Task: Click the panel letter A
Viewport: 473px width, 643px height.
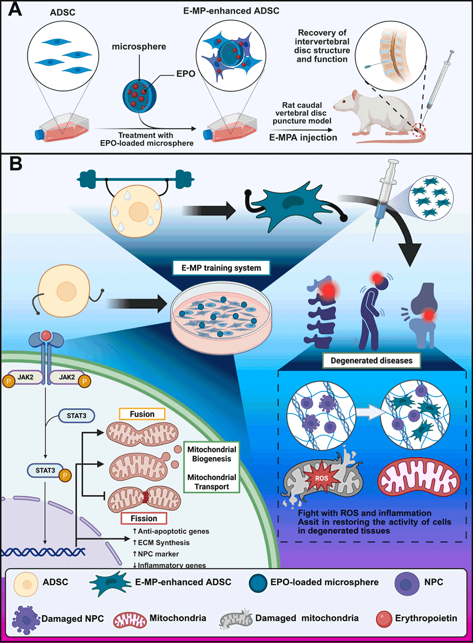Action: pos(15,9)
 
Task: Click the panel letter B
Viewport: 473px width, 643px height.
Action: pos(16,163)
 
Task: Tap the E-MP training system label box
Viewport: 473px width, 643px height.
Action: pos(221,268)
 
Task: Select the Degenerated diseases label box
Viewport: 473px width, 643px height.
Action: pos(371,361)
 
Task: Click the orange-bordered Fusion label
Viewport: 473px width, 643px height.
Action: pos(142,414)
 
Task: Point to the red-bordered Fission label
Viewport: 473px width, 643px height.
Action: pos(144,518)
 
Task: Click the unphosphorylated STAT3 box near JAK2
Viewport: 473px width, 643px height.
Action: pos(76,416)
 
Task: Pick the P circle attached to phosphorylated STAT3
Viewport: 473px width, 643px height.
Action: pos(64,476)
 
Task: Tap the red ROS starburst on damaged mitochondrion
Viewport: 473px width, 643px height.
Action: pos(321,478)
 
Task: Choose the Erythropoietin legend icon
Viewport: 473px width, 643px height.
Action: pos(384,619)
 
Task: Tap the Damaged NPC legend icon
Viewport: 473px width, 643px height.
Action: pos(25,619)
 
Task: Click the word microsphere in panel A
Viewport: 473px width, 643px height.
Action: pos(139,47)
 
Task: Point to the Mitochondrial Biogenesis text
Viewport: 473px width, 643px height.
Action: pos(211,454)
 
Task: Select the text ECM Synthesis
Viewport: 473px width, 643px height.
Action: pos(163,542)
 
